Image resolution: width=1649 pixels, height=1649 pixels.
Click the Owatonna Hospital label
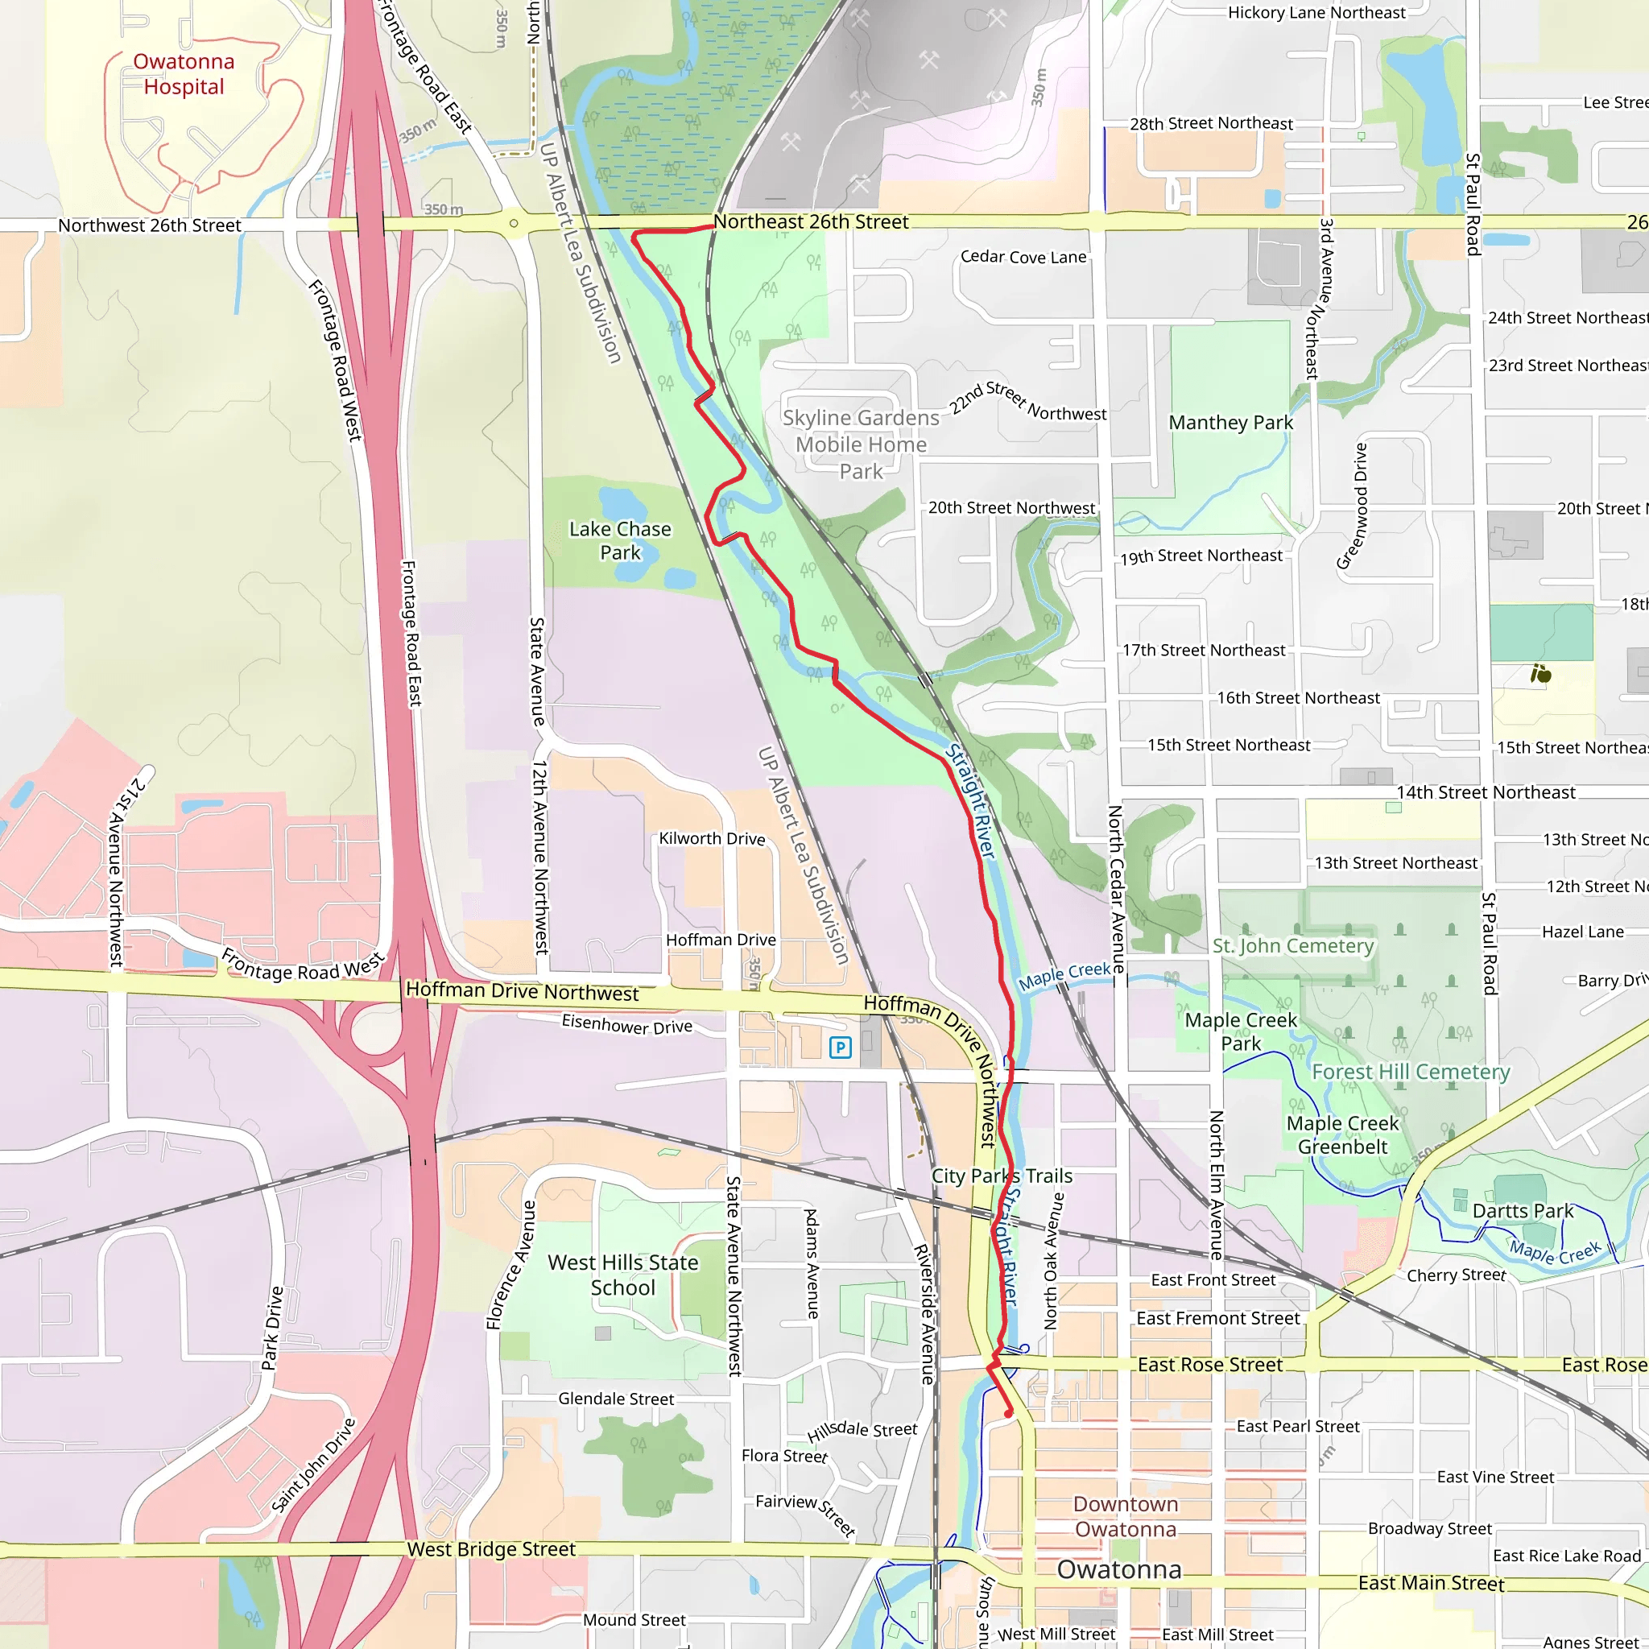point(184,74)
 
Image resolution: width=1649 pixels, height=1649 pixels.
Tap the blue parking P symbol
point(840,1048)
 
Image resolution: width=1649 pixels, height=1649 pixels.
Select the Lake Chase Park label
point(620,540)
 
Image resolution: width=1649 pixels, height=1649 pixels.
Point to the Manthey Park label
point(1230,423)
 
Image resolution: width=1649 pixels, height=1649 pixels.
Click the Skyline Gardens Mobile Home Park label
point(861,444)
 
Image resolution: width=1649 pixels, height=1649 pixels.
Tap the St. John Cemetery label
point(1292,946)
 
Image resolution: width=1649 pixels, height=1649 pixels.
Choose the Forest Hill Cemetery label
point(1410,1072)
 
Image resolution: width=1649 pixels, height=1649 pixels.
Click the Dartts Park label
point(1523,1211)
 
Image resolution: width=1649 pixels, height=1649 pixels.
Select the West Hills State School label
point(623,1275)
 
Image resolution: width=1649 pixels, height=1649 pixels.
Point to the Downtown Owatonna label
point(1125,1517)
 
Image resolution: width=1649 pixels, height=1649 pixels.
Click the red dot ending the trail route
point(1008,1413)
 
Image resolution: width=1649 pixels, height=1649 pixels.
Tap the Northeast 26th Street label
point(810,222)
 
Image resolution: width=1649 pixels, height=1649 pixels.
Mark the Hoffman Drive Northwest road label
point(522,991)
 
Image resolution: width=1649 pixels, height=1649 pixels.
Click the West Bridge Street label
point(491,1549)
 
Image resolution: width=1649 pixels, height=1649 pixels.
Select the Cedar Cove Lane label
point(1023,257)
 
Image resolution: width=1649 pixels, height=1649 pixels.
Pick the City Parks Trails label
point(1001,1176)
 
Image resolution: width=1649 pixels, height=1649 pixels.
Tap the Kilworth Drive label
point(711,839)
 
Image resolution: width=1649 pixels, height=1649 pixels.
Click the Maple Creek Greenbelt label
point(1341,1135)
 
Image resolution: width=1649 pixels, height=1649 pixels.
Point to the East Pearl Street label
point(1297,1426)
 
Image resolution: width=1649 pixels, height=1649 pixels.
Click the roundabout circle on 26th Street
point(514,224)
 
